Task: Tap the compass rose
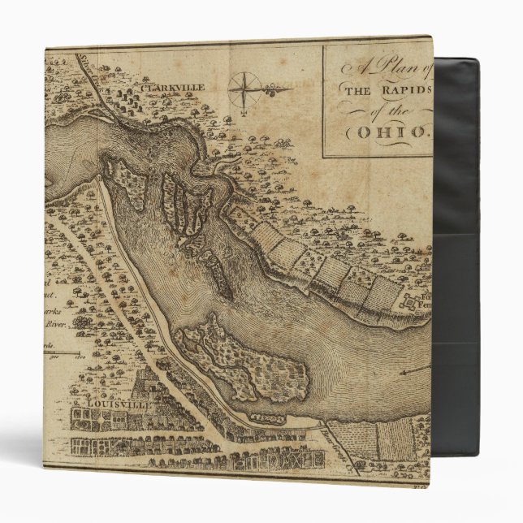[244, 89]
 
